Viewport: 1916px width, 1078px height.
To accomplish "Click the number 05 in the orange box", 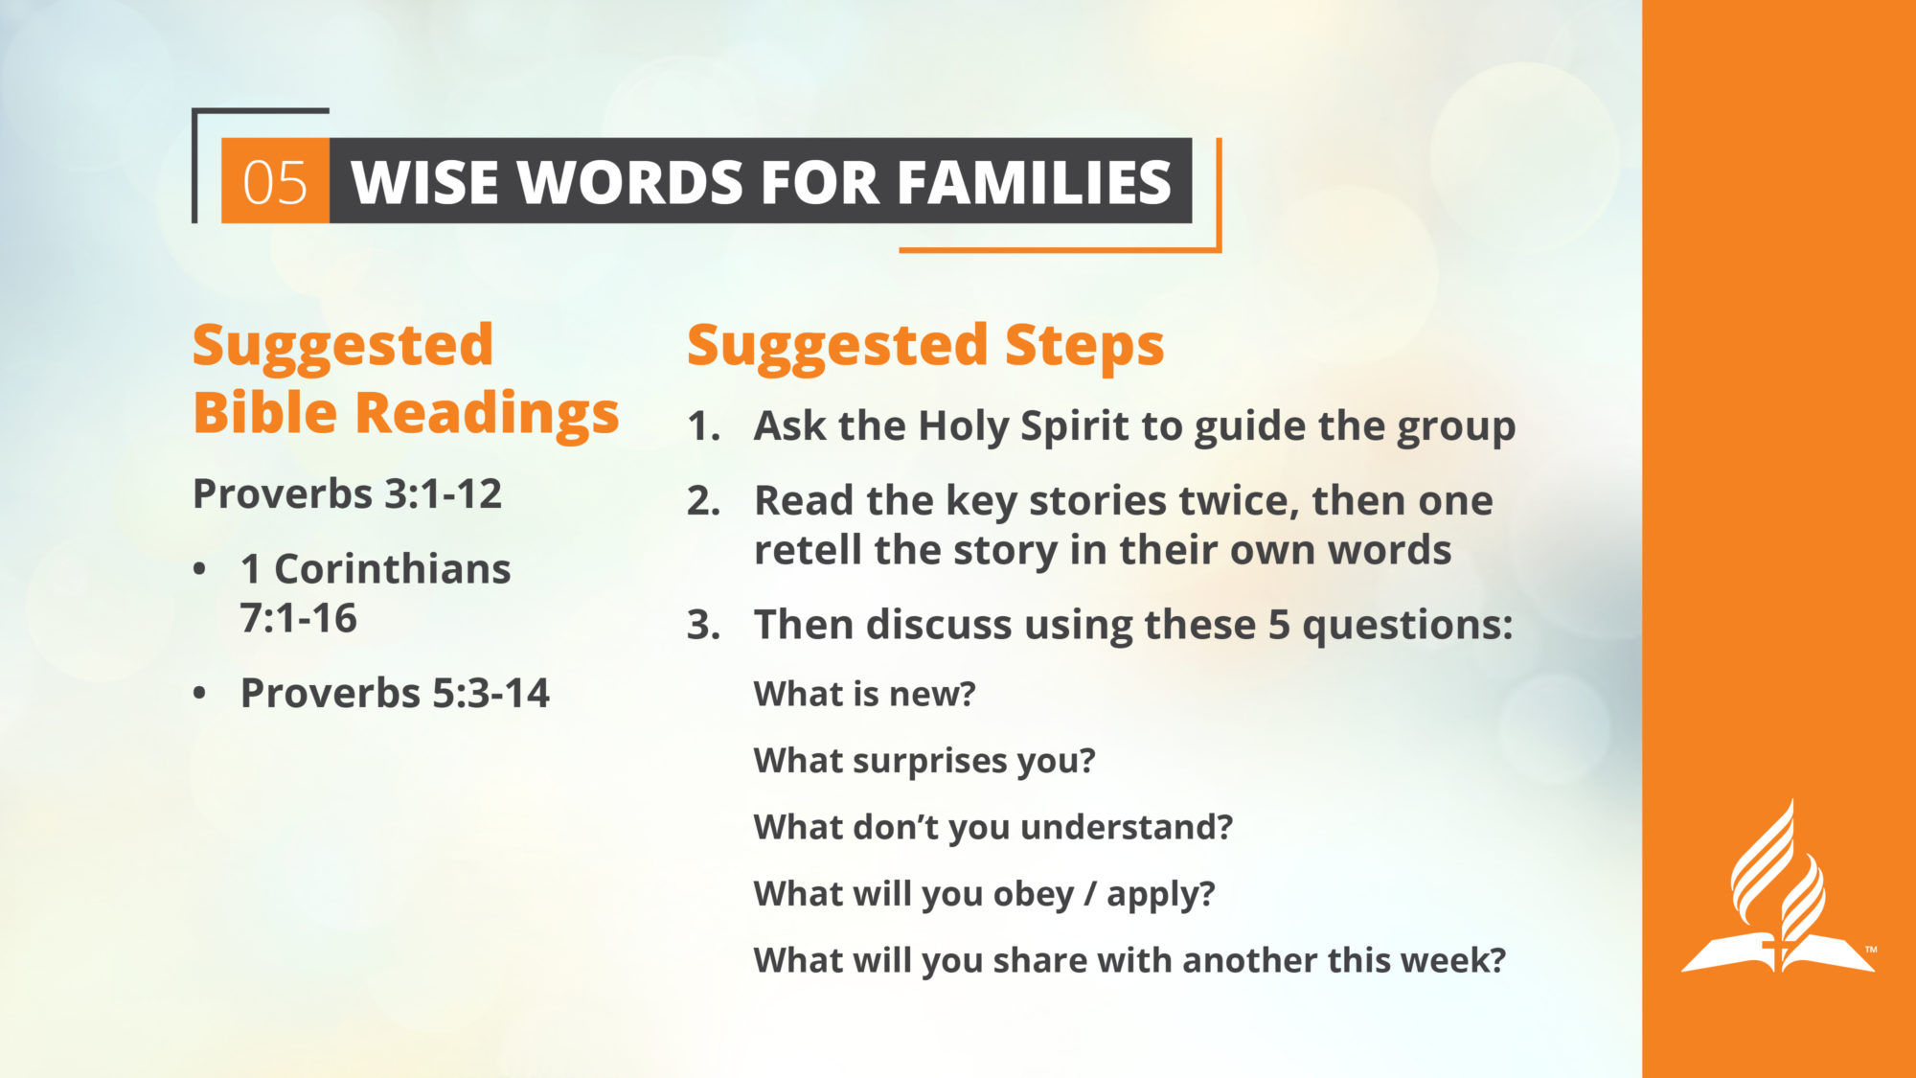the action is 275,182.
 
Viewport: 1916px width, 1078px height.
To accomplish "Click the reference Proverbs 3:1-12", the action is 347,494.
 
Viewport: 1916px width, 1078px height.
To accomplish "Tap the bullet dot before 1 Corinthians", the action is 199,569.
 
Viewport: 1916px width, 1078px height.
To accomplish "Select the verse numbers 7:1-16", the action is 298,619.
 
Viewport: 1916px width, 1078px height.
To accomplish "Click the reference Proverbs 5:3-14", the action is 395,694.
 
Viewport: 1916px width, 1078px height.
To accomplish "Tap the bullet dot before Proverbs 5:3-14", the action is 199,693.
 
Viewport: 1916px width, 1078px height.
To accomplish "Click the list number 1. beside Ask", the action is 704,426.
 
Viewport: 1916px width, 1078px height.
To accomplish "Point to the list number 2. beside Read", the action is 704,501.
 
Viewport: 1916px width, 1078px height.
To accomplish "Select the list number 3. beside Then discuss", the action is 704,626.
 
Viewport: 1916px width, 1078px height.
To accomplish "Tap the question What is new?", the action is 864,694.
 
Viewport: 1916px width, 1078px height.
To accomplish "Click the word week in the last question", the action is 1446,960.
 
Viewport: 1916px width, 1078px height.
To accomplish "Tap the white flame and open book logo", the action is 1778,886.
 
